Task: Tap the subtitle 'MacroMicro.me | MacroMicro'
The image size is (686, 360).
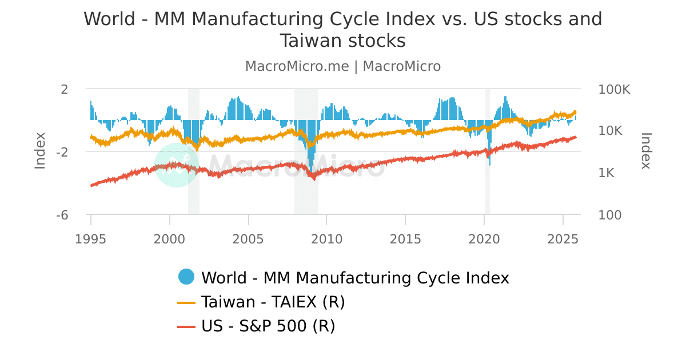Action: coord(343,66)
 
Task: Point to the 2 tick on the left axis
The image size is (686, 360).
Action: coord(64,89)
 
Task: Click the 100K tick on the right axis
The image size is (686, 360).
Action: coord(615,89)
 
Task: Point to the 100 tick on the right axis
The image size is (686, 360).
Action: coord(611,215)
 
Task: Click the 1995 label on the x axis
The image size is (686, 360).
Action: coord(91,238)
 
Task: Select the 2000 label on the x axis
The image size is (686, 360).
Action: coord(169,238)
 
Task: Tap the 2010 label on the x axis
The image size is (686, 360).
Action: coord(326,238)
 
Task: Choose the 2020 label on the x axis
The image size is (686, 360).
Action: coord(484,238)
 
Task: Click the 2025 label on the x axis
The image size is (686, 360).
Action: coord(563,238)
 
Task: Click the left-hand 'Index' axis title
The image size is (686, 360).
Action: coord(40,151)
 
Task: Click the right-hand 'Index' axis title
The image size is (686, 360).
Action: coord(646,151)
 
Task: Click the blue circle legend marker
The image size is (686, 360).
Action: coord(186,277)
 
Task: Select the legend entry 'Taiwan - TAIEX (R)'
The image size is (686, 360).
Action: coord(273,302)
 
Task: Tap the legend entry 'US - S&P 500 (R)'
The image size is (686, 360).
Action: coord(268,326)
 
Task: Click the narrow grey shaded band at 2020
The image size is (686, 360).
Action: coord(488,151)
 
